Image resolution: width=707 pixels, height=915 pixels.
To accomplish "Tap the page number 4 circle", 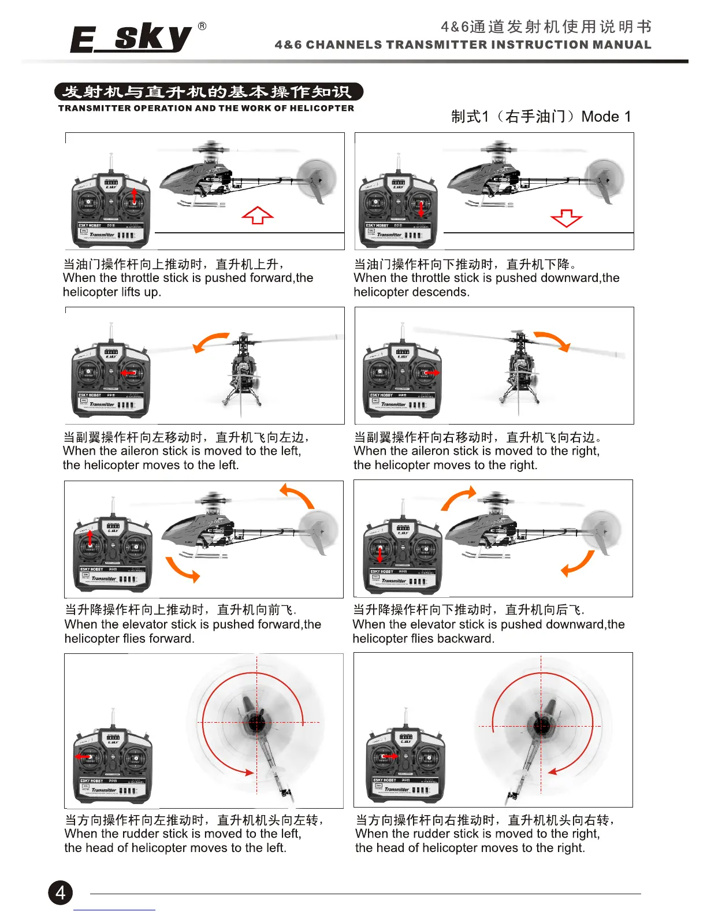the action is click(x=61, y=892).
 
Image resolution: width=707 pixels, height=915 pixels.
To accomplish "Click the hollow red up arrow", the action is click(x=258, y=215).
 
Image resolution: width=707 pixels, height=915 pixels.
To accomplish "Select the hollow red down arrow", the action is click(x=567, y=218).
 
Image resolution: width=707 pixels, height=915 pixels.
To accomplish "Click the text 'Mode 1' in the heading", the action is click(x=606, y=117).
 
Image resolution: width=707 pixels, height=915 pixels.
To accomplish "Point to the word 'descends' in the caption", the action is click(x=444, y=292).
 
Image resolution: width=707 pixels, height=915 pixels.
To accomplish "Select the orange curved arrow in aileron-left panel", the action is click(x=210, y=341).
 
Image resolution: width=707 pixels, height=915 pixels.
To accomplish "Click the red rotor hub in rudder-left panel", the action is click(x=256, y=723).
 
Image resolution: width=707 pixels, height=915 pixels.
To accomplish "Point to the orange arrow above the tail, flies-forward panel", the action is click(x=297, y=496).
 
